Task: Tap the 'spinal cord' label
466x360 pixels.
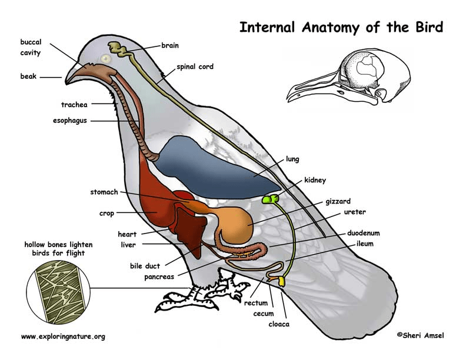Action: point(195,67)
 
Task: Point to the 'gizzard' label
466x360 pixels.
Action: point(338,201)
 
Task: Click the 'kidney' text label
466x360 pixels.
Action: point(315,179)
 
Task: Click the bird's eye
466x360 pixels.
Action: point(106,58)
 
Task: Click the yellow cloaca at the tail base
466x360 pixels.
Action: point(282,282)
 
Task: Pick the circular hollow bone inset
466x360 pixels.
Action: point(58,288)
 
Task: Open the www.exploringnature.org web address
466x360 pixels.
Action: point(63,336)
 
